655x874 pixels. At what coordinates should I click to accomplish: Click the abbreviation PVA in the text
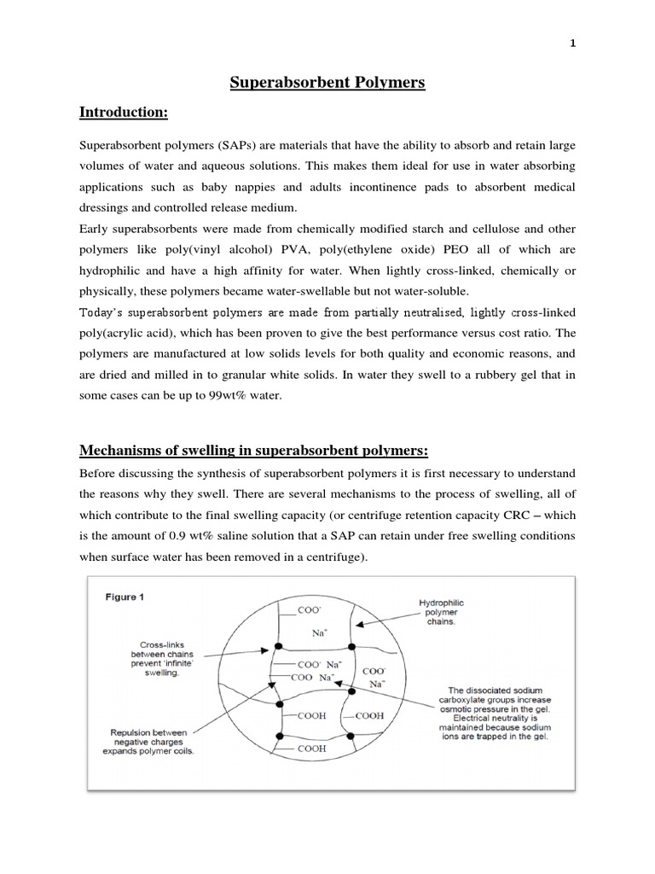point(310,249)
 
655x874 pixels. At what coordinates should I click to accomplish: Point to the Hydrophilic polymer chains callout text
point(441,612)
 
